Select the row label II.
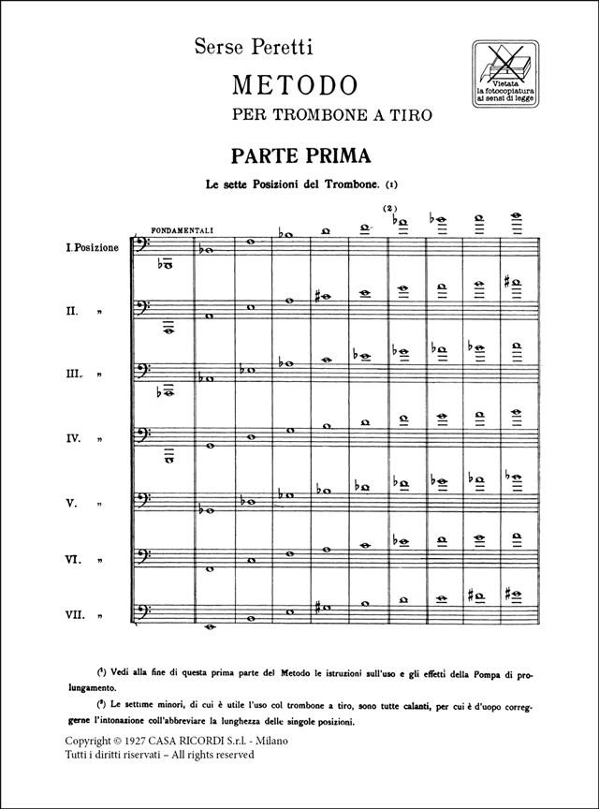70,311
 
